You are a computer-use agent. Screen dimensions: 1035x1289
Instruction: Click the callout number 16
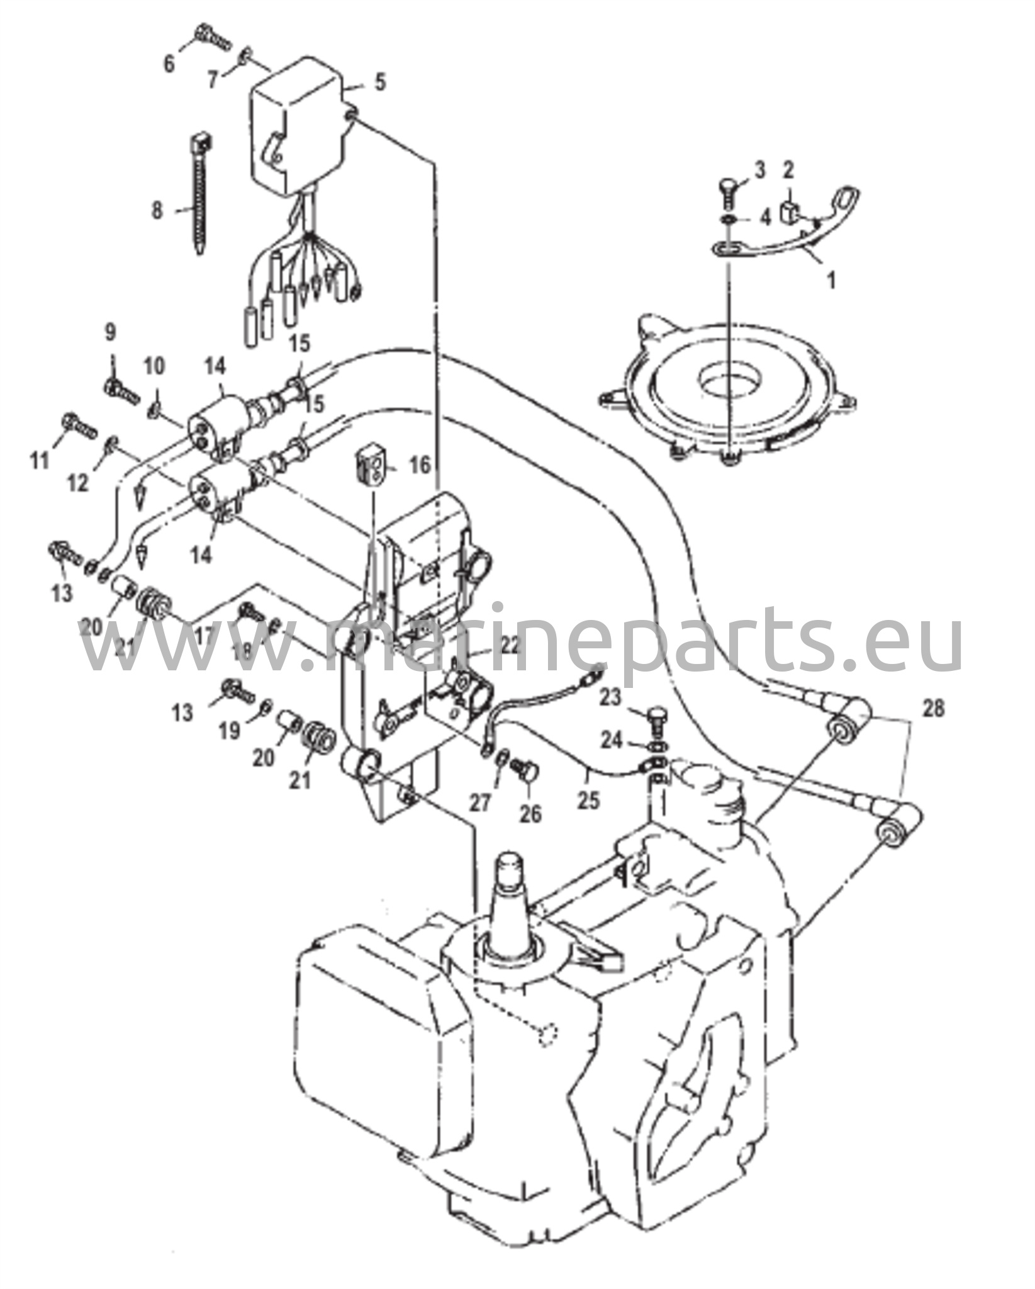tap(420, 466)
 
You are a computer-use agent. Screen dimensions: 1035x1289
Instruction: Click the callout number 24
tap(611, 741)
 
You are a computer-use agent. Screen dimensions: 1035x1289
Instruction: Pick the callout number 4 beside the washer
tap(765, 218)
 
